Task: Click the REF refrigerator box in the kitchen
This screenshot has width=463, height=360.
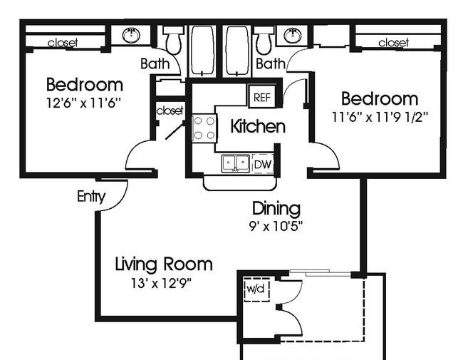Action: pyautogui.click(x=262, y=96)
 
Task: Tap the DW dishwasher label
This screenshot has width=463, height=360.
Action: pyautogui.click(x=263, y=165)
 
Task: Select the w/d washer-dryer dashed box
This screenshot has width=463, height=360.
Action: pyautogui.click(x=257, y=289)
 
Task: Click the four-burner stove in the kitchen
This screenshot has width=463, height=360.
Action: pyautogui.click(x=204, y=128)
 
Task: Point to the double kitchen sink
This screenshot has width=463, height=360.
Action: pyautogui.click(x=235, y=163)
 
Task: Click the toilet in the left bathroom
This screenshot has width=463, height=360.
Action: pyautogui.click(x=173, y=40)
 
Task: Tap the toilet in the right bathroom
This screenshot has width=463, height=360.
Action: pyautogui.click(x=264, y=40)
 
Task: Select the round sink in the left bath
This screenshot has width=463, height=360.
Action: pyautogui.click(x=131, y=35)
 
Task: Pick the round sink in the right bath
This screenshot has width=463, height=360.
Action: pyautogui.click(x=293, y=35)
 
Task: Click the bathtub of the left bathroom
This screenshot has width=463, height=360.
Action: pyautogui.click(x=202, y=51)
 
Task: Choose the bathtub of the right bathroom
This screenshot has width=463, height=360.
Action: pyautogui.click(x=237, y=51)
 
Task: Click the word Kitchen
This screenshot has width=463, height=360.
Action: pyautogui.click(x=258, y=126)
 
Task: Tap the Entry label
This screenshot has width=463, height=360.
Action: pyautogui.click(x=91, y=197)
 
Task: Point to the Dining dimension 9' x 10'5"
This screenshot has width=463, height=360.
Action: pyautogui.click(x=276, y=227)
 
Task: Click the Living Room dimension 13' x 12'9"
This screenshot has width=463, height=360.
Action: pyautogui.click(x=162, y=284)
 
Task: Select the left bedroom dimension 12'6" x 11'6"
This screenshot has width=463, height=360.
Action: pyautogui.click(x=84, y=103)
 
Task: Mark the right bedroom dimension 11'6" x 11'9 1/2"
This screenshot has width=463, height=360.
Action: pyautogui.click(x=380, y=117)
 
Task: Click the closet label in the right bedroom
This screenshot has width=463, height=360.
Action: pyautogui.click(x=394, y=43)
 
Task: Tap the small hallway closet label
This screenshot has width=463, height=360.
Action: pyautogui.click(x=170, y=110)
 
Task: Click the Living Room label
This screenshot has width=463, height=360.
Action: pyautogui.click(x=164, y=264)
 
